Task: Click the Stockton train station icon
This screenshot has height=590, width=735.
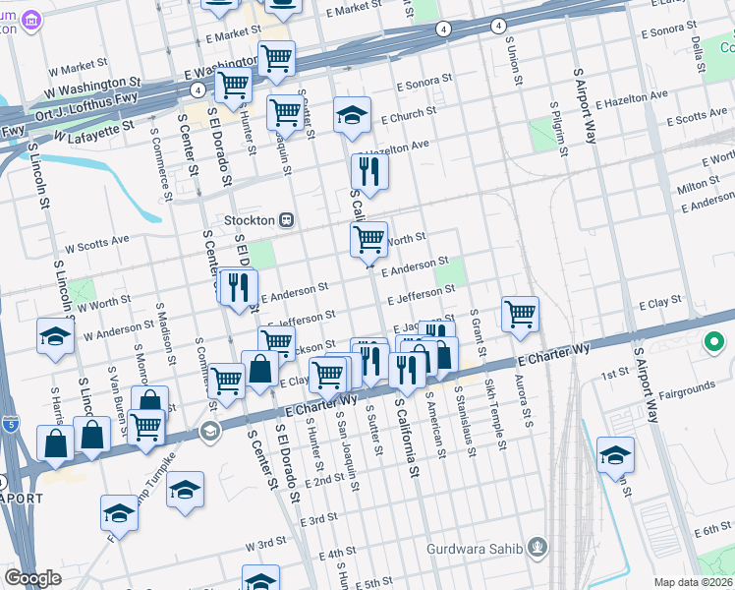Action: pos(288,220)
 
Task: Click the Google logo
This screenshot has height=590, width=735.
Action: pos(32,578)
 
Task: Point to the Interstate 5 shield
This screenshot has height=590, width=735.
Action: pos(10,425)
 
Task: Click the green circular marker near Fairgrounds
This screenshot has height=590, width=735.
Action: pos(714,343)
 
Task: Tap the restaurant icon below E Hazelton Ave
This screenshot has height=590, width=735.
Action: pos(369,172)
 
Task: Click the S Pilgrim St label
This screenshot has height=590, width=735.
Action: pos(556,129)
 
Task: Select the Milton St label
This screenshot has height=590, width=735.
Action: pos(698,186)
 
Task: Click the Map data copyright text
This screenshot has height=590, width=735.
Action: pos(692,582)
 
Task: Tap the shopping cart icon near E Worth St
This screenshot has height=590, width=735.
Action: pos(368,238)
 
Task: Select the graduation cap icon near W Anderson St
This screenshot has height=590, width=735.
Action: pos(55,337)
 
